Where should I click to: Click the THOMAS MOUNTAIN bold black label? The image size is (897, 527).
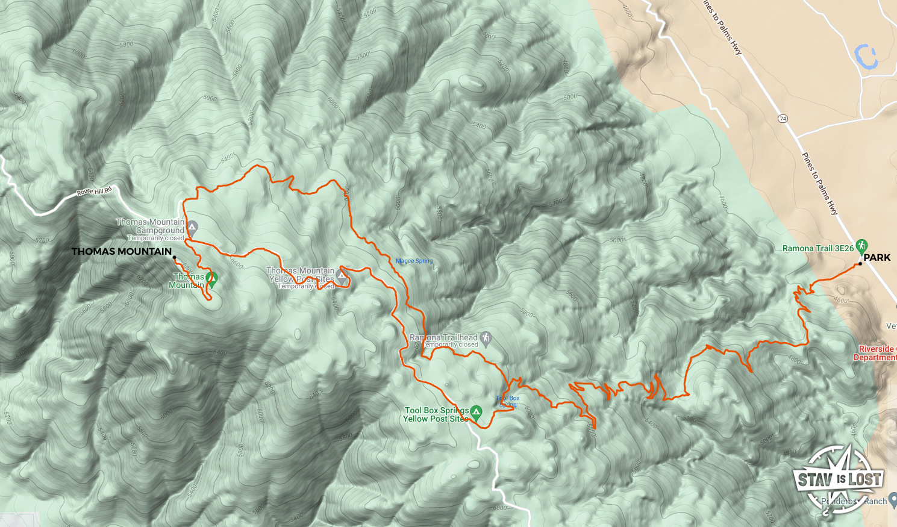[x=122, y=251]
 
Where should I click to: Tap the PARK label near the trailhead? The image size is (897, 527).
[x=877, y=257]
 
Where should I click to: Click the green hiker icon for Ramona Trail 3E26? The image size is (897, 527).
[x=862, y=246]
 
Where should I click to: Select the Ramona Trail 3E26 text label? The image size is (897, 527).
[x=817, y=248]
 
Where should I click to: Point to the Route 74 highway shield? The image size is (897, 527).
[x=783, y=119]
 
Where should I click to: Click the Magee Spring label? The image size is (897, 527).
[x=414, y=261]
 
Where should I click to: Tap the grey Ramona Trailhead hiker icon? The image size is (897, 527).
[x=486, y=339]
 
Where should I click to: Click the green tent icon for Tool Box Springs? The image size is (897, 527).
[x=476, y=413]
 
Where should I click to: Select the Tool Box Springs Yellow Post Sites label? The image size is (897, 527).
[x=436, y=414]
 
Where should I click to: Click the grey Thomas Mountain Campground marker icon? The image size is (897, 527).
[x=192, y=228]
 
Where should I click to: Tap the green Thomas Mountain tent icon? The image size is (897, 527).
[x=211, y=278]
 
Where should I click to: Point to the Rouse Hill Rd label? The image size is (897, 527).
[x=94, y=192]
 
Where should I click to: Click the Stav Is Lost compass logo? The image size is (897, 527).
[x=840, y=479]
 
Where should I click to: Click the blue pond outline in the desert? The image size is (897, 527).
[x=866, y=57]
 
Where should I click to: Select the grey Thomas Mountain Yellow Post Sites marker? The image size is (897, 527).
[x=342, y=277]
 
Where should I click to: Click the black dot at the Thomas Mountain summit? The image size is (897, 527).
[x=175, y=258]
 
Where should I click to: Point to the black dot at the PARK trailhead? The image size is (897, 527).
[x=860, y=264]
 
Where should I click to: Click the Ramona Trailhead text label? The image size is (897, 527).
[x=443, y=337]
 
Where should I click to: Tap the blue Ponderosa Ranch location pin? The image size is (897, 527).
[x=892, y=500]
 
